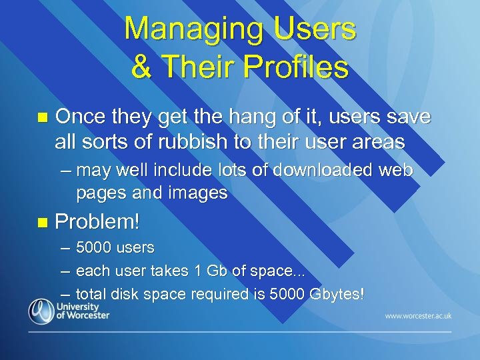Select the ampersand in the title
pyautogui.click(x=140, y=67)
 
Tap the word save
pyautogui.click(x=408, y=117)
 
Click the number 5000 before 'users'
pyautogui.click(x=95, y=247)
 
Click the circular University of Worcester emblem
pyautogui.click(x=41, y=311)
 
